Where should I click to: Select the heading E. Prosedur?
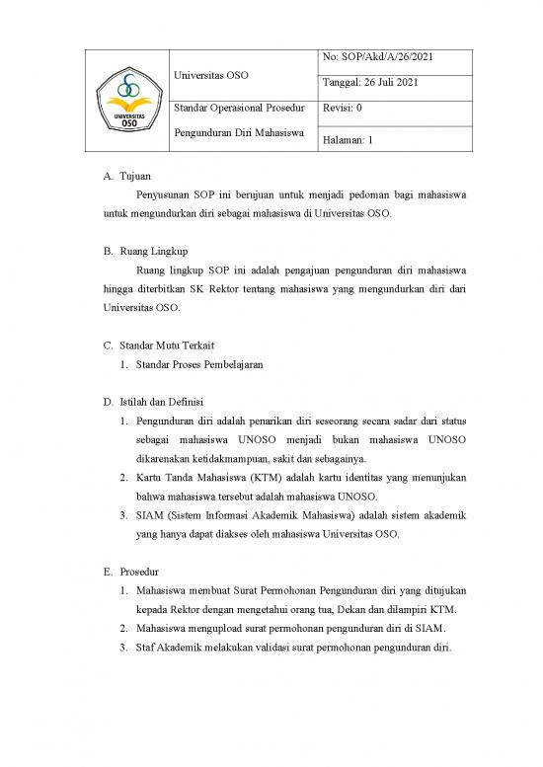[130, 572]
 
